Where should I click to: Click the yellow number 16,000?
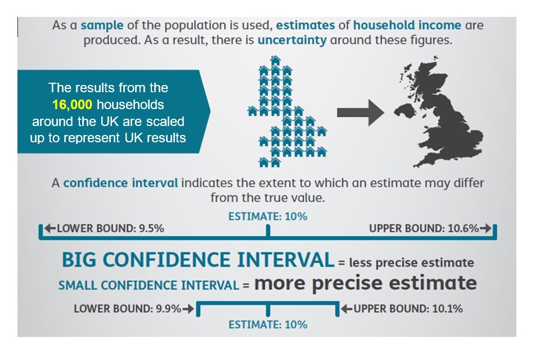point(73,105)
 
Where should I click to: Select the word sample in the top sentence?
point(102,25)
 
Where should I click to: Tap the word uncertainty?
point(292,40)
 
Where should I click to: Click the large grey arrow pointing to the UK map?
point(361,112)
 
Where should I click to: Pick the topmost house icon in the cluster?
point(276,61)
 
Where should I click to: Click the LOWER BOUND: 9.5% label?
point(110,228)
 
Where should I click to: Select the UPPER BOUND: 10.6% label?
point(424,228)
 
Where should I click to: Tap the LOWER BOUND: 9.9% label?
point(128,309)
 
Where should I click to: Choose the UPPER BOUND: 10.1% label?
point(408,309)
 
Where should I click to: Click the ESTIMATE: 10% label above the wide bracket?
point(268,217)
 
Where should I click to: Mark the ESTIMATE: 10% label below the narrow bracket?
point(268,325)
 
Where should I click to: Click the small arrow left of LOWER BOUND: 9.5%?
point(50,228)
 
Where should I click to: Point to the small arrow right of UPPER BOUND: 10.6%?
point(485,228)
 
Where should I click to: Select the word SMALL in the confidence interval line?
point(78,286)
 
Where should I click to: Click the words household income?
point(407,25)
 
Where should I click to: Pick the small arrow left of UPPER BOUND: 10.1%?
point(347,309)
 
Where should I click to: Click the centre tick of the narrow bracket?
point(268,310)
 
